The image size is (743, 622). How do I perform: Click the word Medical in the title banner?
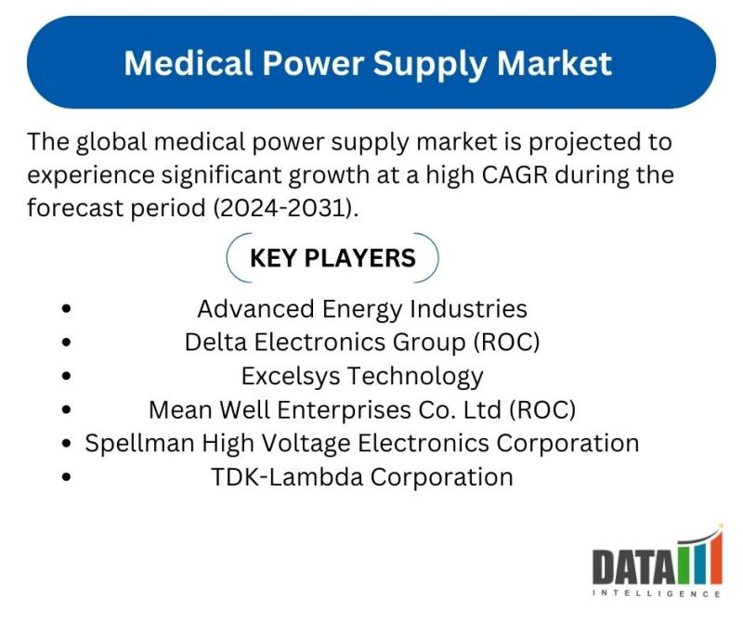pos(188,63)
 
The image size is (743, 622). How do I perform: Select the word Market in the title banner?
pos(554,63)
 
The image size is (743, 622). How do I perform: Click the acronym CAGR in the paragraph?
pos(515,175)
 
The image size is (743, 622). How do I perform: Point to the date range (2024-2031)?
pos(285,208)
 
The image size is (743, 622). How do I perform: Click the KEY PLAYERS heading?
pos(332,258)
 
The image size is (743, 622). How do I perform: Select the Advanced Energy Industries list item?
pos(362,309)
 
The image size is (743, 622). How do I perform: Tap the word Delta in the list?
pos(216,342)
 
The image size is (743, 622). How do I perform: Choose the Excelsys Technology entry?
pos(362,377)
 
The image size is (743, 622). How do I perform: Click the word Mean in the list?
pos(180,409)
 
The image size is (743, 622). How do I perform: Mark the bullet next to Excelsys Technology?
pos(66,376)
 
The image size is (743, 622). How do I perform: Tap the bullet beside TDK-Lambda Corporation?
pos(66,477)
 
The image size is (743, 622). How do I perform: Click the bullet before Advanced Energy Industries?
pos(66,309)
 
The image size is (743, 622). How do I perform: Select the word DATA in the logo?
pos(634,566)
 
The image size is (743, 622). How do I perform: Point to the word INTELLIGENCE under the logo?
pos(657,593)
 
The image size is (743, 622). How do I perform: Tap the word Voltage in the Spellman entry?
pos(306,444)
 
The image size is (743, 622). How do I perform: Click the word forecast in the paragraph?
pos(75,208)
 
